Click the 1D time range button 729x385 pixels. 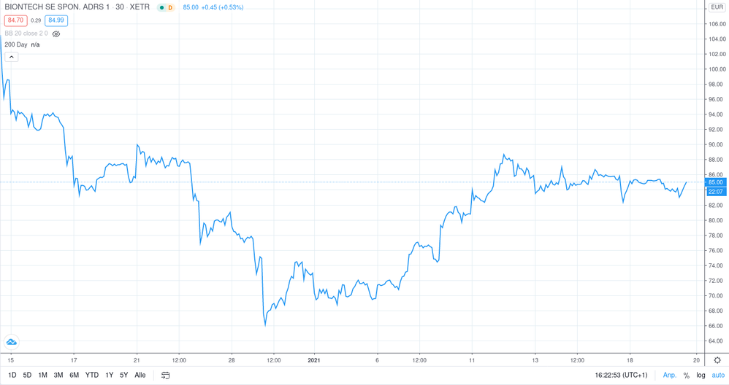(x=12, y=375)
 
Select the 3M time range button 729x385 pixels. (x=58, y=375)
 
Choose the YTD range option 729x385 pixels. (x=91, y=375)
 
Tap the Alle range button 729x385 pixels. (x=140, y=375)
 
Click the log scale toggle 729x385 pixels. (x=701, y=375)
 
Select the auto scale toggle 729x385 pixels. (x=718, y=375)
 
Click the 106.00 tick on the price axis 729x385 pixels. (x=717, y=24)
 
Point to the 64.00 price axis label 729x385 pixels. (x=717, y=341)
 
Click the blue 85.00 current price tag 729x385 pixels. (x=716, y=182)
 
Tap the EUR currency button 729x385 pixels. (x=717, y=7)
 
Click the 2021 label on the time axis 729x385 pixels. (x=314, y=360)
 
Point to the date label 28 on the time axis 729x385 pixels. (x=232, y=360)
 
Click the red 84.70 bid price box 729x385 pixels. (x=15, y=20)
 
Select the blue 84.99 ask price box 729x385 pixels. (x=56, y=20)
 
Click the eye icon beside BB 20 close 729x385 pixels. (x=56, y=34)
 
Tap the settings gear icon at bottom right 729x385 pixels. (x=717, y=360)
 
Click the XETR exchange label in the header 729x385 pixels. (x=140, y=7)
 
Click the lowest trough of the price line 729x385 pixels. (x=265, y=325)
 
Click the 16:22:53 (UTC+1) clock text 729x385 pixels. (x=621, y=375)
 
